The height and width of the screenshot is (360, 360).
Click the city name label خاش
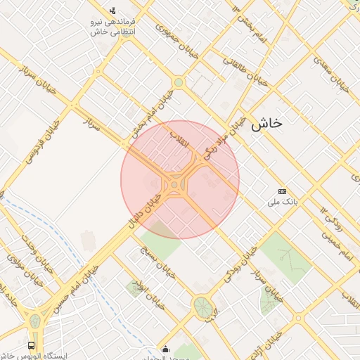point(266,122)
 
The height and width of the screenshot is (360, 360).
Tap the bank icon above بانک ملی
point(283,191)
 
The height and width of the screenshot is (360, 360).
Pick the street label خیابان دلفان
point(144,212)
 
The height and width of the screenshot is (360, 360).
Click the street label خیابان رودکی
point(239,264)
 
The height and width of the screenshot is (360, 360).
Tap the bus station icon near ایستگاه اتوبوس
point(31,345)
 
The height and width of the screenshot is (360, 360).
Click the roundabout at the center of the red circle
point(174,186)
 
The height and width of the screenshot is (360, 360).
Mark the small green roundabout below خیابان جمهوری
point(179,83)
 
